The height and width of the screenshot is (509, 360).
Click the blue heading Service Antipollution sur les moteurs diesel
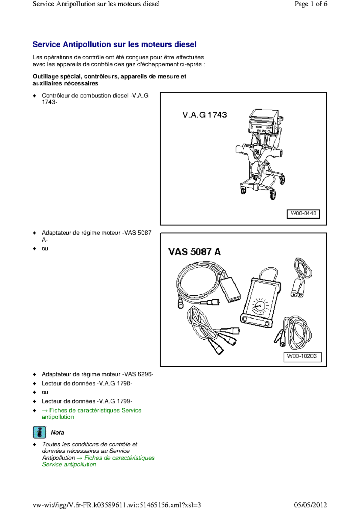click(114, 44)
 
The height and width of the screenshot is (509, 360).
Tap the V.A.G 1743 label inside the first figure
click(205, 115)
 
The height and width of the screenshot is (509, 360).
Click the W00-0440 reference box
click(303, 214)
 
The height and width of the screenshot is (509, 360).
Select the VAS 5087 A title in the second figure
click(194, 252)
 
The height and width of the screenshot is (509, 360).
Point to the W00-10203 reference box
click(302, 356)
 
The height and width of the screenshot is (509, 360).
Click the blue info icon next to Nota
click(39, 432)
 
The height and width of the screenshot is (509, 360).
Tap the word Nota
click(57, 433)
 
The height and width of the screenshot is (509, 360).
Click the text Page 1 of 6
click(310, 4)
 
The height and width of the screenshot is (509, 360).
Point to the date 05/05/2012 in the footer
click(310, 505)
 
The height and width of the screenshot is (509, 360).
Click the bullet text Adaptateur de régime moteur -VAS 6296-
click(97, 374)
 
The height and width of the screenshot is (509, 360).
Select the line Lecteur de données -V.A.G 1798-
click(87, 383)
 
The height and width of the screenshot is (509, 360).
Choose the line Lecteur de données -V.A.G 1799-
click(87, 401)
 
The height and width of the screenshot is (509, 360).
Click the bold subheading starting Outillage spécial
click(109, 80)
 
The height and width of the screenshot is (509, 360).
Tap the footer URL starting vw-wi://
click(117, 505)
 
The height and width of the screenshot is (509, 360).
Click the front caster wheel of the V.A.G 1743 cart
click(272, 195)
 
